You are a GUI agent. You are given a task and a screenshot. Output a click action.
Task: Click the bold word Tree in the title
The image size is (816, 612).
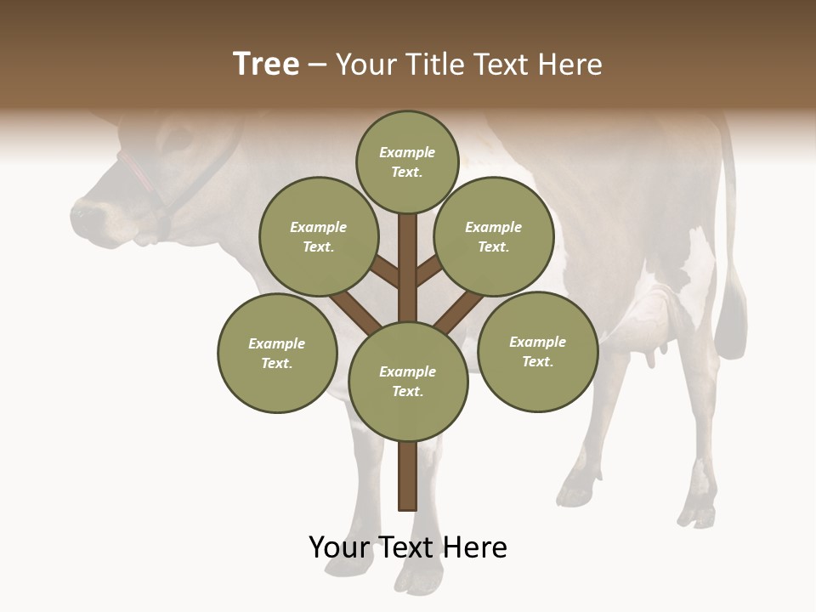pos(266,65)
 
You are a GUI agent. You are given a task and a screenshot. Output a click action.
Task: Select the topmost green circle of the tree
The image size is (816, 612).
pos(407,161)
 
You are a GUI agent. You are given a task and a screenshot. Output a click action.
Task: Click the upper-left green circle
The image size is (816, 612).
pos(319,236)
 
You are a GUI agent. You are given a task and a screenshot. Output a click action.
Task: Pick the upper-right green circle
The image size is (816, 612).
pos(494,236)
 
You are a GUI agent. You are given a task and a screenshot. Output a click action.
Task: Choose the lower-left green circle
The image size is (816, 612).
pos(277,353)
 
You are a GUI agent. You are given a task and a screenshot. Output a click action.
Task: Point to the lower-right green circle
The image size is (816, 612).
pos(537,351)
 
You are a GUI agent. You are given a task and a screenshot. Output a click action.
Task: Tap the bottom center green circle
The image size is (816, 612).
pos(408,381)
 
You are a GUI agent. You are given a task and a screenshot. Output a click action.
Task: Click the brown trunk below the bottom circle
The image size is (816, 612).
pos(408,476)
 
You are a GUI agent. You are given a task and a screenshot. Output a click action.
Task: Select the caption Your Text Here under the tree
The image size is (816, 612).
pos(408,547)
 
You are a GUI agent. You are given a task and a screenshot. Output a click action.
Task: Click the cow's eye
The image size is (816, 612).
pos(179,136)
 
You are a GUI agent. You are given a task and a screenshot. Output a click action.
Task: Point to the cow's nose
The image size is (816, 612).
pos(85,212)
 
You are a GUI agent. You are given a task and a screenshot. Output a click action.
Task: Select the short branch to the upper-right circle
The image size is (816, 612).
pos(428,270)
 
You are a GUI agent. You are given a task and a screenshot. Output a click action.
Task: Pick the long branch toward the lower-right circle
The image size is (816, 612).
pos(457,313)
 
